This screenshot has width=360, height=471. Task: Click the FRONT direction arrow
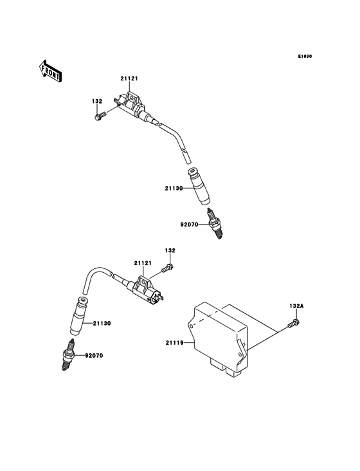51,69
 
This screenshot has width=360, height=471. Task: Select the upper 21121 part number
129,78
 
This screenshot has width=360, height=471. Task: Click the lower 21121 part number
143,263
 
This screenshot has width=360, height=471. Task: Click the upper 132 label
97,101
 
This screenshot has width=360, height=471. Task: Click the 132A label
296,307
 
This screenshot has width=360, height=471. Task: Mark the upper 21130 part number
174,189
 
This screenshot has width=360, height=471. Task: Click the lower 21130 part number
102,323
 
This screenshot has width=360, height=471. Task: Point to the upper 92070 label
190,225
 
